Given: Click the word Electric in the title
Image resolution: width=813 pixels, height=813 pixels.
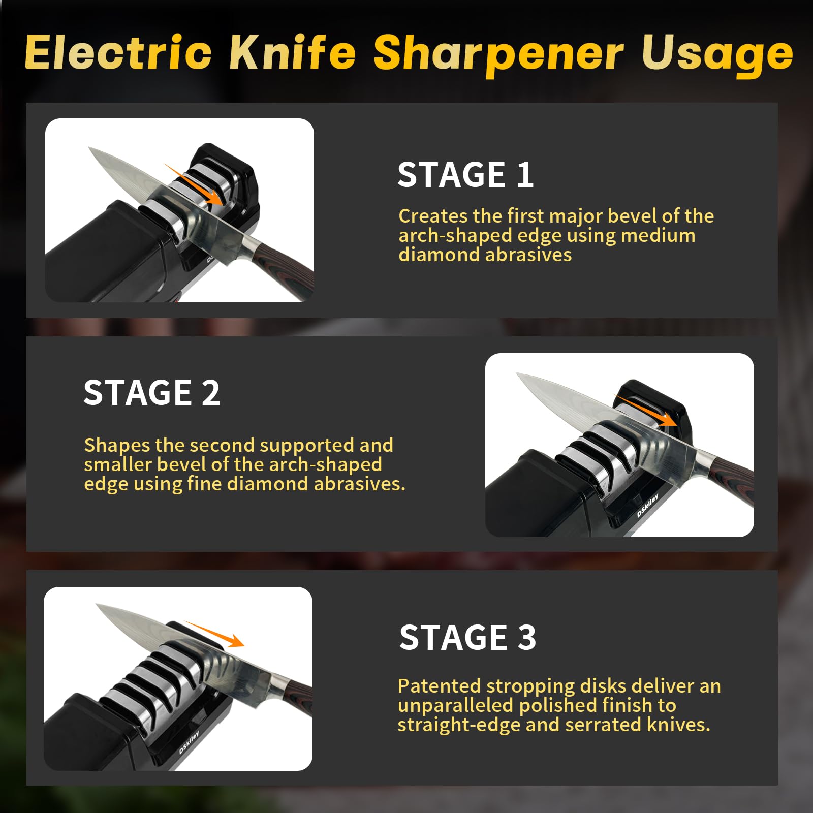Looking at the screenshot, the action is [118, 52].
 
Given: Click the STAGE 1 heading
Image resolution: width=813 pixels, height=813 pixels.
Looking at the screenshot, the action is [465, 175].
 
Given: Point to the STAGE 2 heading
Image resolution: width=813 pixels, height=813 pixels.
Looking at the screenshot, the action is [152, 392].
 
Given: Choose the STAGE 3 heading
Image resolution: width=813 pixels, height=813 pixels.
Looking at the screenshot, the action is [467, 637].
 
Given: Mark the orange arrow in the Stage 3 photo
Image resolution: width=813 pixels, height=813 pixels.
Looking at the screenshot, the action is [214, 634].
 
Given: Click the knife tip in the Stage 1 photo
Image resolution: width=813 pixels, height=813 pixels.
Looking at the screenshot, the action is [89, 148].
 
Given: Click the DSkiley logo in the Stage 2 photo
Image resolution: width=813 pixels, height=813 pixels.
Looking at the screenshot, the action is [647, 506].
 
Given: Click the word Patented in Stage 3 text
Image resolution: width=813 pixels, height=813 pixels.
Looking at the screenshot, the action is [439, 686].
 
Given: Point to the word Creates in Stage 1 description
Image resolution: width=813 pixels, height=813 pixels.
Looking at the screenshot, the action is [433, 216].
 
